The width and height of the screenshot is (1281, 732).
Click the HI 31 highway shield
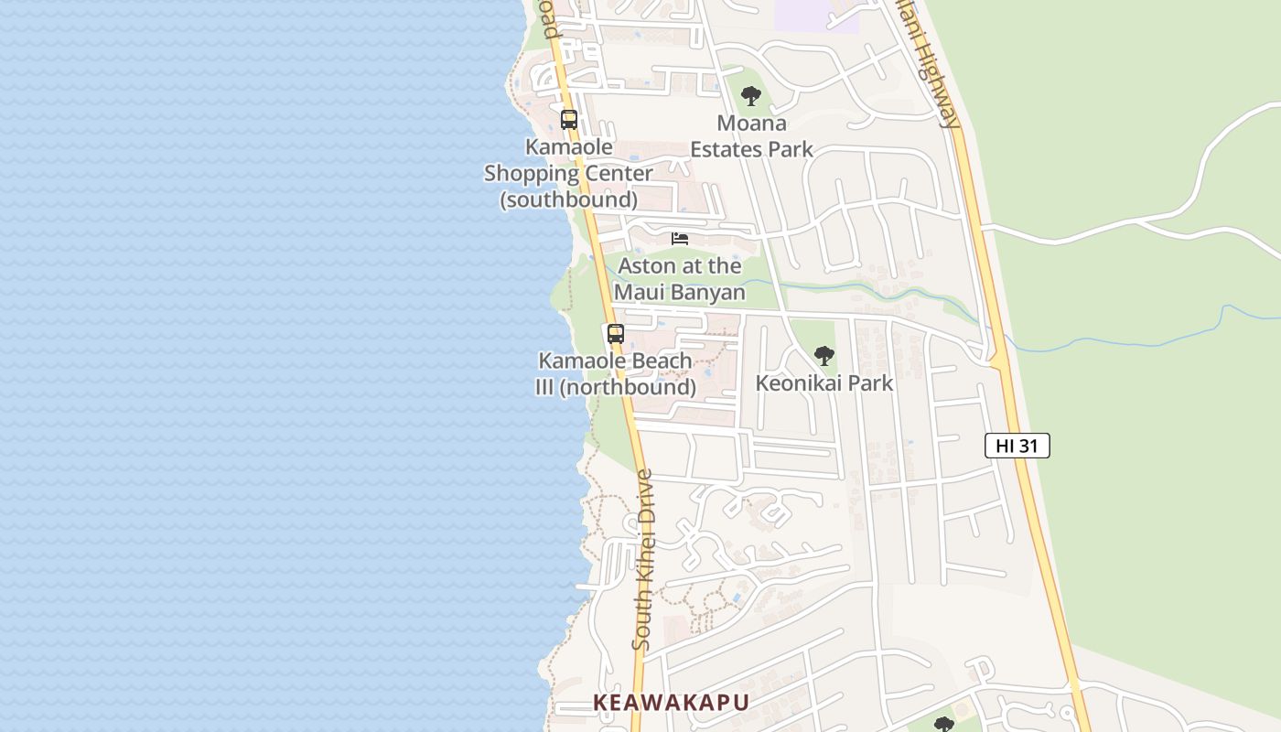(x=1017, y=446)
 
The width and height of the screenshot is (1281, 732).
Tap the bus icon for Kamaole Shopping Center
(x=569, y=119)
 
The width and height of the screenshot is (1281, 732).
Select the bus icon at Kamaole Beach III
(x=616, y=334)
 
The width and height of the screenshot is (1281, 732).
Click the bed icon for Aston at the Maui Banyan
(x=680, y=239)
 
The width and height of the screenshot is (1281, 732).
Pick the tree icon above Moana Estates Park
(x=751, y=95)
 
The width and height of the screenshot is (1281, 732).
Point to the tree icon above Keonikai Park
(x=824, y=356)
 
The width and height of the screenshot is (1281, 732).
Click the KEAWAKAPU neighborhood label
(x=671, y=703)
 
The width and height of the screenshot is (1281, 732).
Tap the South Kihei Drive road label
(x=643, y=560)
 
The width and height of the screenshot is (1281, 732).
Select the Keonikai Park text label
(x=823, y=382)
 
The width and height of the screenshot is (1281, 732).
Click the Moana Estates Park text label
(x=751, y=135)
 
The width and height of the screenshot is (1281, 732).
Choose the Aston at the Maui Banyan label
(x=680, y=279)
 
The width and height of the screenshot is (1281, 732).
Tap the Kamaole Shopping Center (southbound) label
(x=568, y=173)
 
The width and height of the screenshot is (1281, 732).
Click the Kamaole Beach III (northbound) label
(x=615, y=373)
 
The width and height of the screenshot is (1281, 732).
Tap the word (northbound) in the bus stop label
(x=628, y=387)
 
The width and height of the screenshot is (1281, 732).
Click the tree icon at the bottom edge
(x=944, y=725)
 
